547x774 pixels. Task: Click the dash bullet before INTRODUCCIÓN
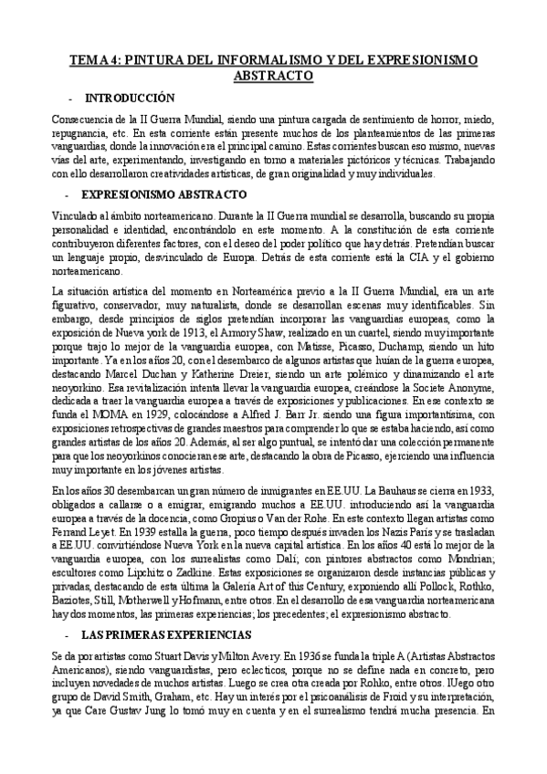point(70,98)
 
